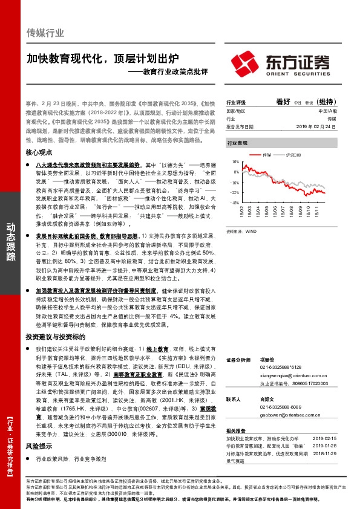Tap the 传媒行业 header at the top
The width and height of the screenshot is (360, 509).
pos(45,33)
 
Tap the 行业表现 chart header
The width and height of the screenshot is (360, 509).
pos(237,143)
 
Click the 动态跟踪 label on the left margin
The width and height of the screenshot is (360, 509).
pos(11,242)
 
